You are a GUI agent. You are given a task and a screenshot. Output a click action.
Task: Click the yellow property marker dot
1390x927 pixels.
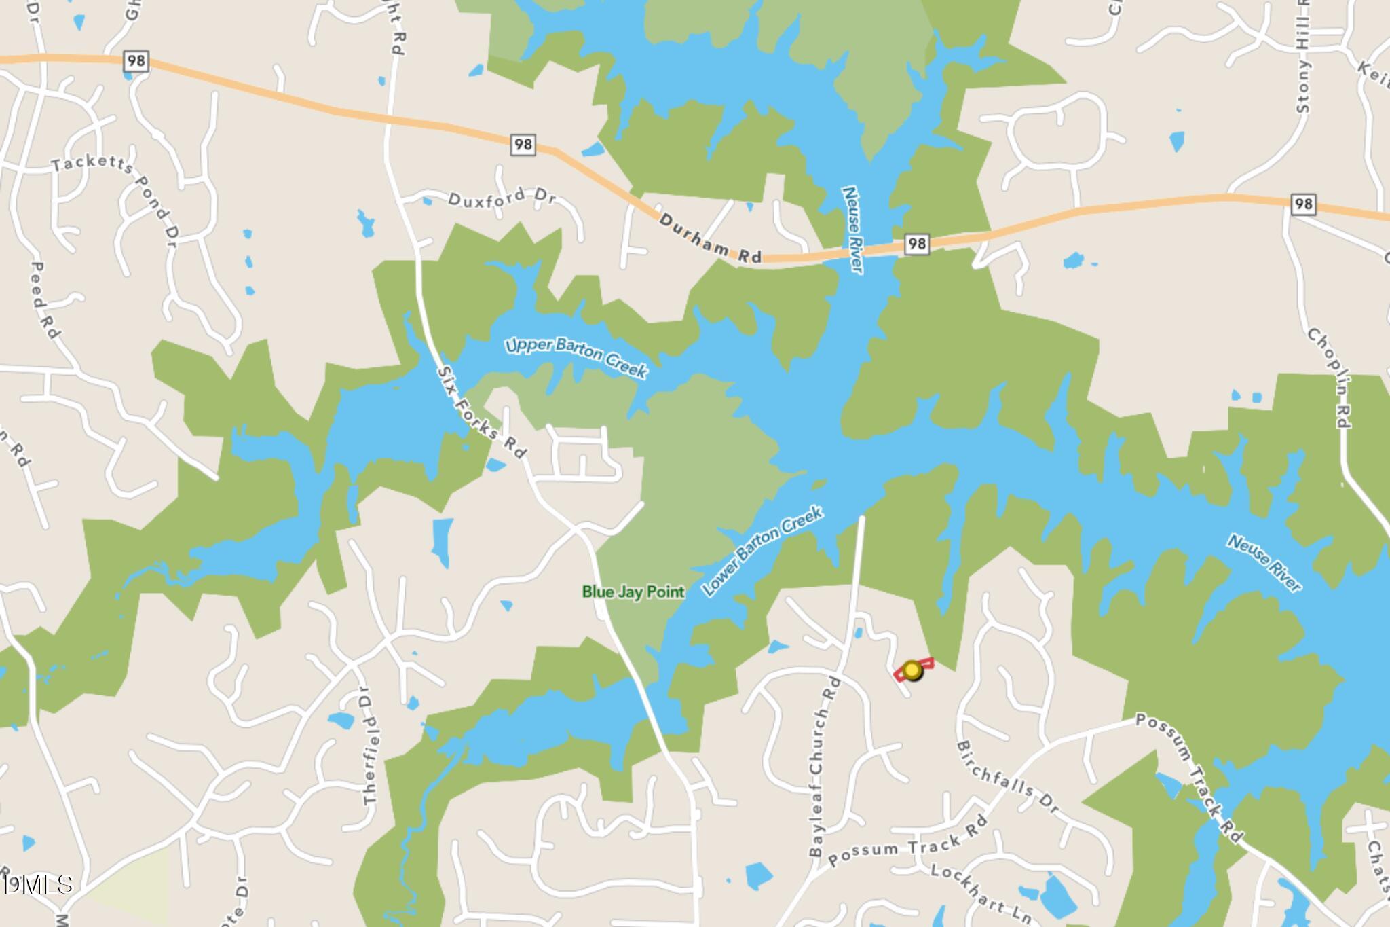(x=912, y=670)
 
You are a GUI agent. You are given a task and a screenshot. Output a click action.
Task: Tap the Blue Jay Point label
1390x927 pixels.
(x=633, y=592)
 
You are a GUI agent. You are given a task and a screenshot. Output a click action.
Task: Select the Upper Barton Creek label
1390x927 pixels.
(x=576, y=357)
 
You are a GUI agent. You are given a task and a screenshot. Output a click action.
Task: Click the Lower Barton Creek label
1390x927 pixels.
(x=762, y=551)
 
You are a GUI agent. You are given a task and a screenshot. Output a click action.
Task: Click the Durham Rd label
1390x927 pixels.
(x=710, y=239)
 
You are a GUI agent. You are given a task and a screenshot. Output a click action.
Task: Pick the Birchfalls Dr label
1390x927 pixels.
(x=1007, y=778)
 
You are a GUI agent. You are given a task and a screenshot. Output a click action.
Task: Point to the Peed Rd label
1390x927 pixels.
(x=45, y=300)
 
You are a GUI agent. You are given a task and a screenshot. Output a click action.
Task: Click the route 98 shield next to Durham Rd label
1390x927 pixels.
(x=916, y=244)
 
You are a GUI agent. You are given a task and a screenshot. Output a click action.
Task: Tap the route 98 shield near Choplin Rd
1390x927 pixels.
(x=1302, y=204)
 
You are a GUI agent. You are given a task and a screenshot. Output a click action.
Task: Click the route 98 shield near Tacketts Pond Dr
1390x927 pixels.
(x=136, y=61)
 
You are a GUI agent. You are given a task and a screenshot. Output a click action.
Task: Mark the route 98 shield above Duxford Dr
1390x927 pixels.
(x=523, y=144)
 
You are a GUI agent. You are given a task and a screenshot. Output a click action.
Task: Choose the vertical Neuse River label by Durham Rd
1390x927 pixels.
(x=852, y=230)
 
